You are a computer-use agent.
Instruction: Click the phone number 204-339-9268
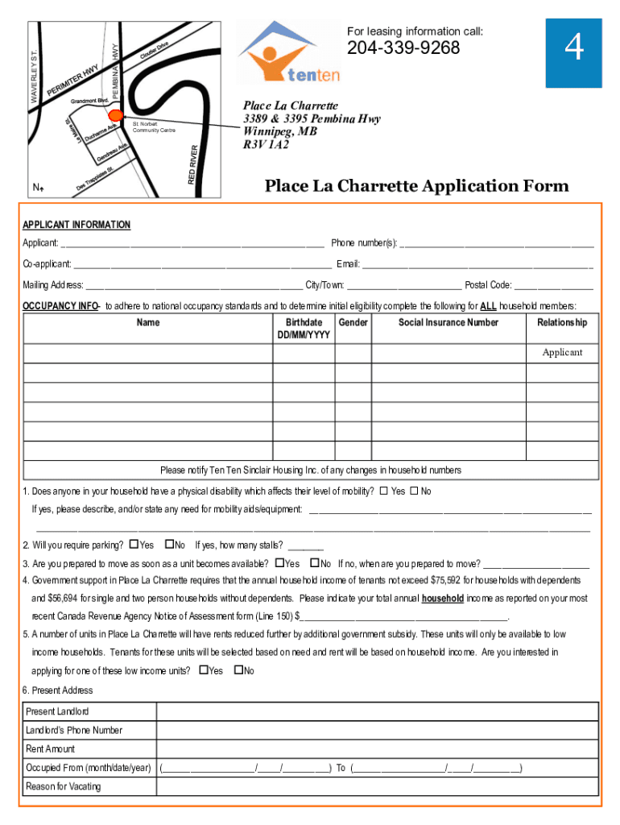[x=403, y=49]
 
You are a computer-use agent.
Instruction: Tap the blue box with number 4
[x=573, y=51]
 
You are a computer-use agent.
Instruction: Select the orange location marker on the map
[x=115, y=114]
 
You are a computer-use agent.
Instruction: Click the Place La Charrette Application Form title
[x=417, y=187]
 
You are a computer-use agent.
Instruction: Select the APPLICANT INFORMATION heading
[x=76, y=225]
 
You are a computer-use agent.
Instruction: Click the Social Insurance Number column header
[x=448, y=322]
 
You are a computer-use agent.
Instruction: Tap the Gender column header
[x=353, y=322]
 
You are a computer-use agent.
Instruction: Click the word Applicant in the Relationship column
[x=562, y=353]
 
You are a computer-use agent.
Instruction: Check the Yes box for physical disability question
[x=383, y=491]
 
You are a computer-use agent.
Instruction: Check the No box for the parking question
[x=169, y=545]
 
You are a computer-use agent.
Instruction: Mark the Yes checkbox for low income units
[x=203, y=670]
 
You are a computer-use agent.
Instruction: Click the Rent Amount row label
[x=50, y=749]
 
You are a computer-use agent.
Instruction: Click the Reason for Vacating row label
[x=64, y=786]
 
